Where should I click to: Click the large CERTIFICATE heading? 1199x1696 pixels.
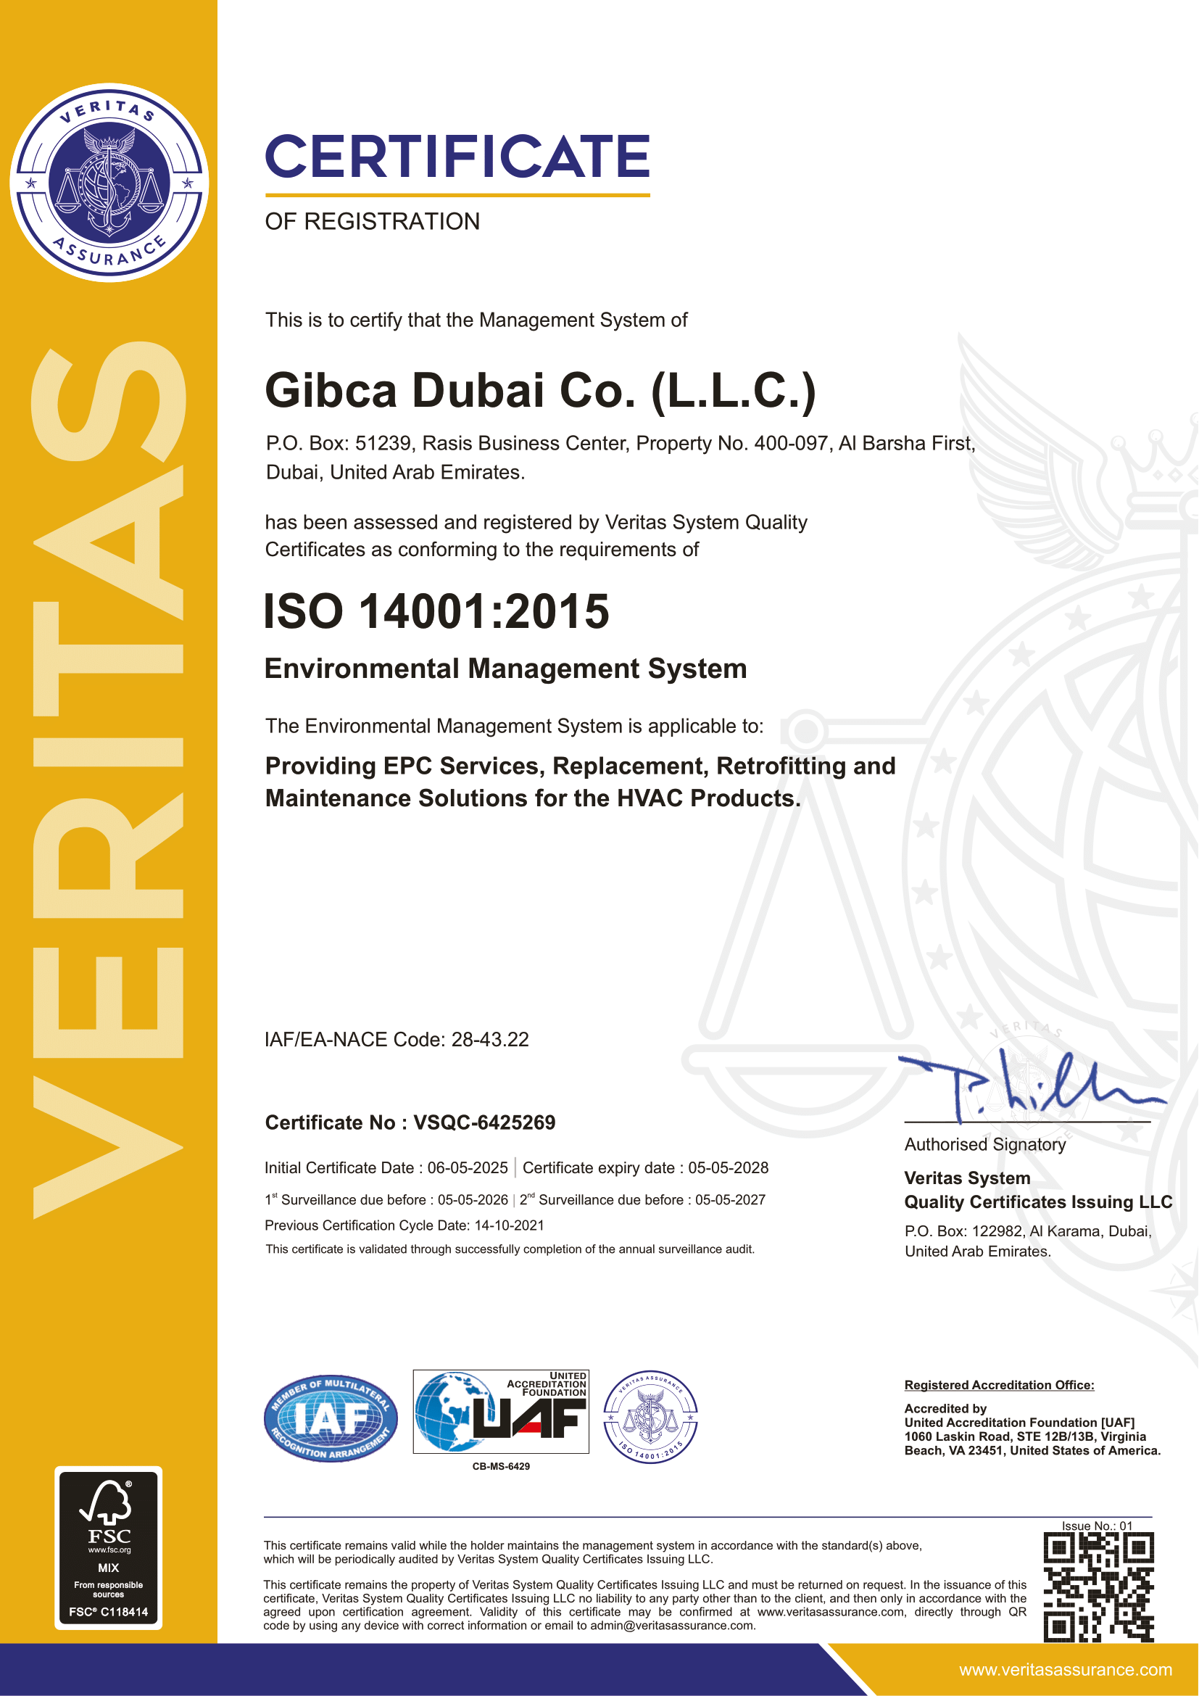coord(457,157)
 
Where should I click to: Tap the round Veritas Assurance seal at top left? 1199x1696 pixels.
coord(109,183)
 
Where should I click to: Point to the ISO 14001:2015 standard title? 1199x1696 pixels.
coord(436,612)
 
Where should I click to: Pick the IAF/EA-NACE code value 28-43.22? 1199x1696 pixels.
coord(490,1039)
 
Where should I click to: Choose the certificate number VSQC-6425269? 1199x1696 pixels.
coord(484,1122)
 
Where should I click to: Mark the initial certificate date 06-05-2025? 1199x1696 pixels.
coord(468,1168)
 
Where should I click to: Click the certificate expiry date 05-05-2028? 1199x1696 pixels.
coord(728,1168)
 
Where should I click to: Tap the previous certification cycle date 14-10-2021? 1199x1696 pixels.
coord(509,1225)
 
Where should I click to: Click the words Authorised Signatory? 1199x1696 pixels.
coord(985,1144)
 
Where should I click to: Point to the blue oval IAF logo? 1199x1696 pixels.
coord(331,1418)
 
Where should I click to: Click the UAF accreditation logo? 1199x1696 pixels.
coord(501,1412)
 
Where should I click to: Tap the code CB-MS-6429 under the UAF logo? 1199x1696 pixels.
coord(501,1466)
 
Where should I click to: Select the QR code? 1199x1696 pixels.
coord(1098,1587)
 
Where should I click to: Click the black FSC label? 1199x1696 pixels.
coord(109,1547)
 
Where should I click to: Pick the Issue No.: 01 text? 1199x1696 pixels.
coord(1096,1526)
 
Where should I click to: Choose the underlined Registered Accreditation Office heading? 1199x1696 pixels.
coord(999,1385)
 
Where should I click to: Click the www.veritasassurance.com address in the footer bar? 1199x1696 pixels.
coord(1066,1670)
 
